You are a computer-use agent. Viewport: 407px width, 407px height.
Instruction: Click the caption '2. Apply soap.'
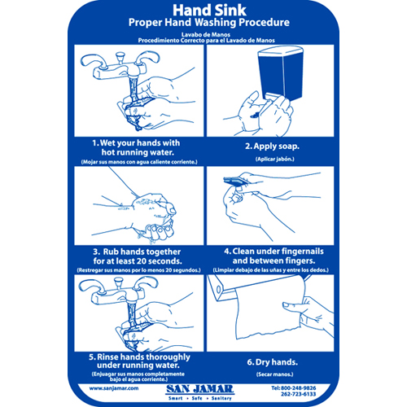pos(272,147)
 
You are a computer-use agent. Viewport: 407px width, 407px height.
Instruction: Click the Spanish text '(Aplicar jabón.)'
pos(272,158)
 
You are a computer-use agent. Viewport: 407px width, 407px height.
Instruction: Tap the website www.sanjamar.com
pos(105,389)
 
